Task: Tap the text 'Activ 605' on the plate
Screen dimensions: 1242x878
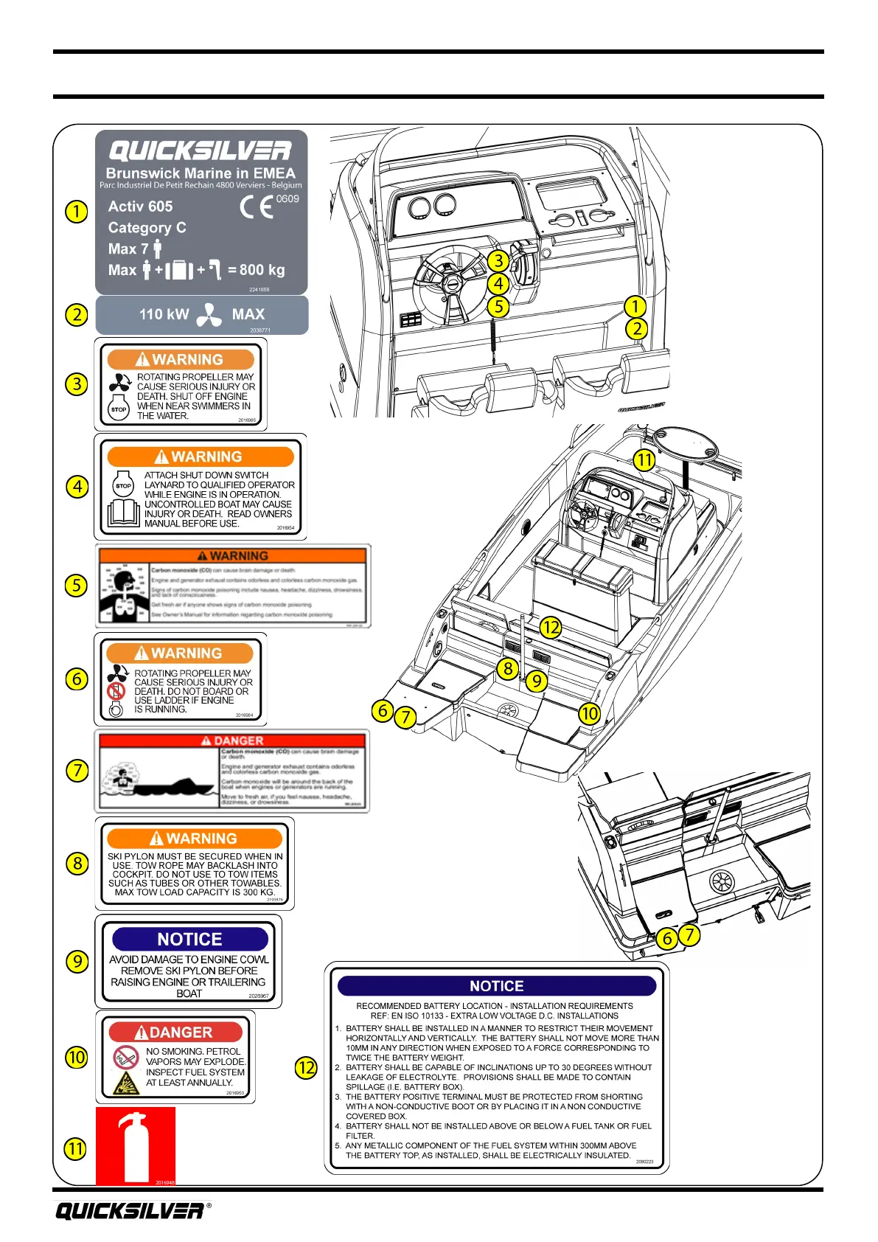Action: (140, 207)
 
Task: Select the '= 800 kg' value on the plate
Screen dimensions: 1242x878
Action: (256, 270)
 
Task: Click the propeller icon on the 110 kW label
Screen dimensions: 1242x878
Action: (209, 314)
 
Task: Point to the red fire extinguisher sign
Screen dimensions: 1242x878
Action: (136, 1145)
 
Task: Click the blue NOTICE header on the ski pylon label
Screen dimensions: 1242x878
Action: (189, 939)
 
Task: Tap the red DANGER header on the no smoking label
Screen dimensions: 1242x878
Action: (175, 1032)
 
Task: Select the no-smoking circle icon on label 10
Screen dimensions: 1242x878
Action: (125, 1057)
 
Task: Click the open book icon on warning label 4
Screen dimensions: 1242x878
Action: (123, 513)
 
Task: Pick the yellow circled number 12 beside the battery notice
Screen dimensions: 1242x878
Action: (306, 1067)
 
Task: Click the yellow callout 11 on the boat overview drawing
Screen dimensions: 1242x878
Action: (644, 460)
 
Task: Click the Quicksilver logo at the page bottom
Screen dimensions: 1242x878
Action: (130, 1210)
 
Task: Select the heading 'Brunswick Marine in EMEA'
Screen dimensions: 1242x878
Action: (201, 173)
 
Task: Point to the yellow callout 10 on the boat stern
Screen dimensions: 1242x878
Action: (589, 713)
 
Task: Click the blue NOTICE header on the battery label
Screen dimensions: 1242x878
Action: (496, 986)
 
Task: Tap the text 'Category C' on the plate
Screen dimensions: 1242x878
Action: (147, 228)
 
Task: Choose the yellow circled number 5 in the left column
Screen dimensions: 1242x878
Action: (77, 586)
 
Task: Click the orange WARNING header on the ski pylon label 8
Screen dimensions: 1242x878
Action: (195, 838)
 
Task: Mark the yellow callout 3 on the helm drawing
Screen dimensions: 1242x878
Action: (498, 260)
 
